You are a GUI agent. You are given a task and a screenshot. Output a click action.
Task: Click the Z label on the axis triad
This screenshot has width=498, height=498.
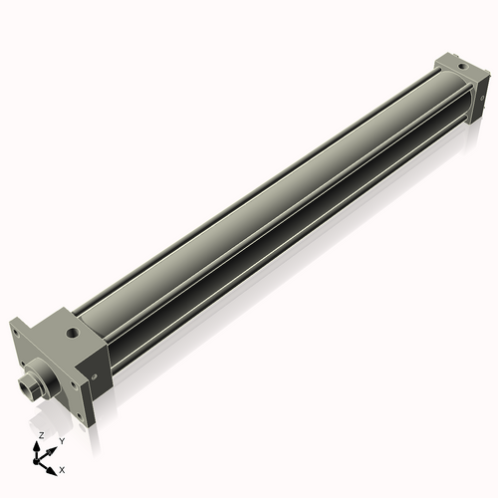click(x=41, y=436)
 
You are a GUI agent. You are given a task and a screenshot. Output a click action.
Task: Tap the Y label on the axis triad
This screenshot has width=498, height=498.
click(x=62, y=440)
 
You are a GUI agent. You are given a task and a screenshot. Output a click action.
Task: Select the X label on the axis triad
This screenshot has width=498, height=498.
click(x=63, y=468)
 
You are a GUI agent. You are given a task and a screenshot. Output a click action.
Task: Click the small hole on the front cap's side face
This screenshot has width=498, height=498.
click(x=95, y=376)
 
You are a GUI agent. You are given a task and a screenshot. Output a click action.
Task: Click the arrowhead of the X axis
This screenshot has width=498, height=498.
click(x=54, y=465)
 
